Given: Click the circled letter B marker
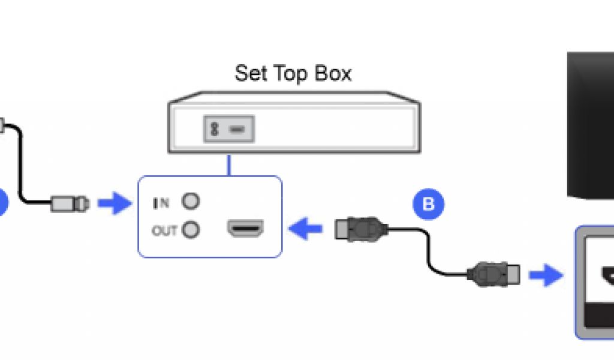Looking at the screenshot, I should tap(428, 204).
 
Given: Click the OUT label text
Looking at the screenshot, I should tap(164, 230).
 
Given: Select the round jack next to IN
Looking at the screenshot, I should tap(191, 202).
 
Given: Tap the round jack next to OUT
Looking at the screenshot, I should tap(191, 229).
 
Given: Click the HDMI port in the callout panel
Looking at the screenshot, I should tap(245, 229).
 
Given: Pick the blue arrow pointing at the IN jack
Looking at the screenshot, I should tap(114, 203).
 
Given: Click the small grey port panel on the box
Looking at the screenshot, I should tap(230, 128).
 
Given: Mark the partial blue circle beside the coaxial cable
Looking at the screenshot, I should tap(3, 202).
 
